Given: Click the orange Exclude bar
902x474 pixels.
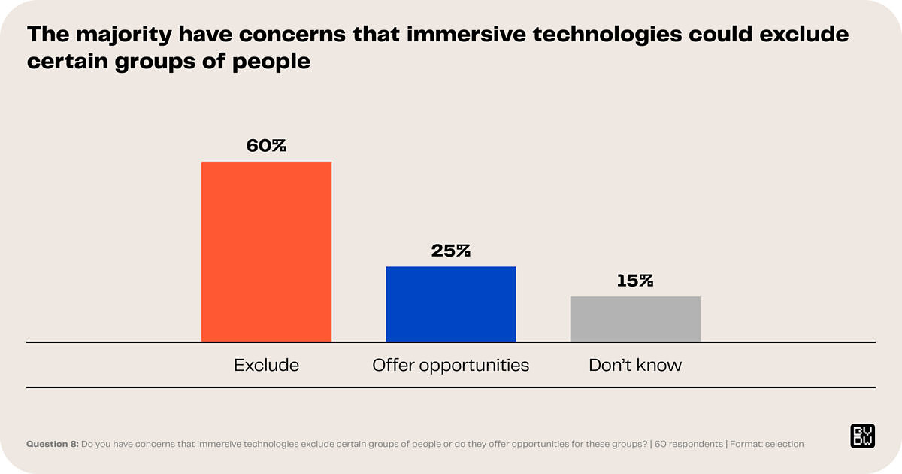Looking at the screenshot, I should pos(266,251).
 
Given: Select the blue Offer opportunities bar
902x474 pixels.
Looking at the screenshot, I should pos(451,304).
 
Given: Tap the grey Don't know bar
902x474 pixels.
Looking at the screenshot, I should pos(635,319).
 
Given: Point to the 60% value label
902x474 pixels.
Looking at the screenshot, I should pos(266,146).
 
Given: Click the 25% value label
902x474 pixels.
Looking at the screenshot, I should pos(451,251).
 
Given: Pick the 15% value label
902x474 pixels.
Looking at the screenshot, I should pos(635,281).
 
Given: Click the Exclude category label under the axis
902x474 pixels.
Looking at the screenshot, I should pos(266,366).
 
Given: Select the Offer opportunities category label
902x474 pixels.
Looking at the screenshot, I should pos(451,366).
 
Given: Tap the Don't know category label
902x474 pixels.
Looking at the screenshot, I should pos(635,366).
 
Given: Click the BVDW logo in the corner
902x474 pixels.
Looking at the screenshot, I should pos(861,436).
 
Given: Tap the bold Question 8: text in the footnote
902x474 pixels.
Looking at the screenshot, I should pos(53,444).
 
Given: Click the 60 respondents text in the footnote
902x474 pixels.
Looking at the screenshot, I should pos(688,444).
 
